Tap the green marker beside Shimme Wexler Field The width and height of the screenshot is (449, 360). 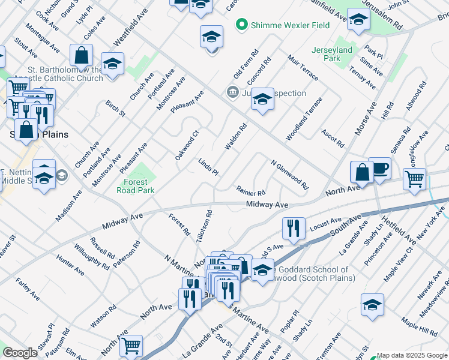pos(242,25)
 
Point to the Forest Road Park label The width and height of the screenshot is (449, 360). pos(139,186)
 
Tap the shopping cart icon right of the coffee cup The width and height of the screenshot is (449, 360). pos(415,178)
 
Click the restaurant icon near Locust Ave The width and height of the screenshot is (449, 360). pos(293,228)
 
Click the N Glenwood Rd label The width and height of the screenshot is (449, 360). pos(289,174)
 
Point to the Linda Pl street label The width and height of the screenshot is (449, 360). pos(208,167)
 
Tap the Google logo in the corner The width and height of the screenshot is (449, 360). pos(20,353)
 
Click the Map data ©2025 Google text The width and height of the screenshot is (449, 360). pos(412,356)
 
